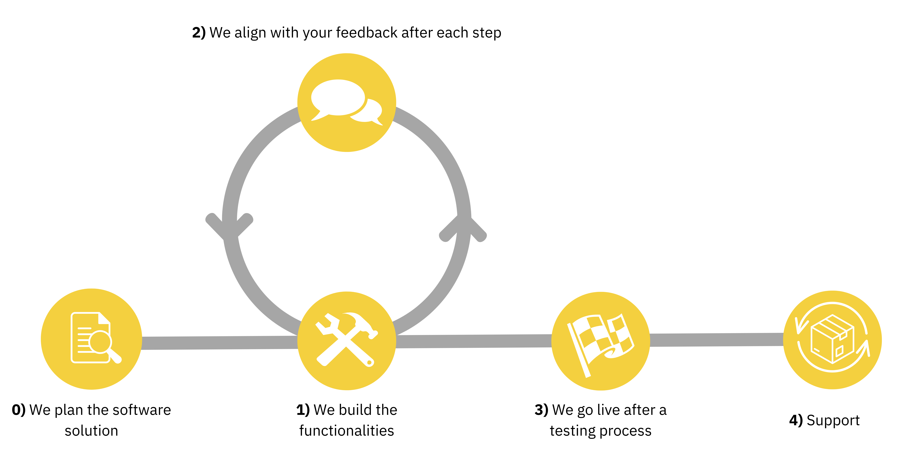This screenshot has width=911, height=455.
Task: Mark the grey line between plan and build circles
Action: [x=219, y=343]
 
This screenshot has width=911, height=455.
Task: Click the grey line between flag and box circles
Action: [x=716, y=340]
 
